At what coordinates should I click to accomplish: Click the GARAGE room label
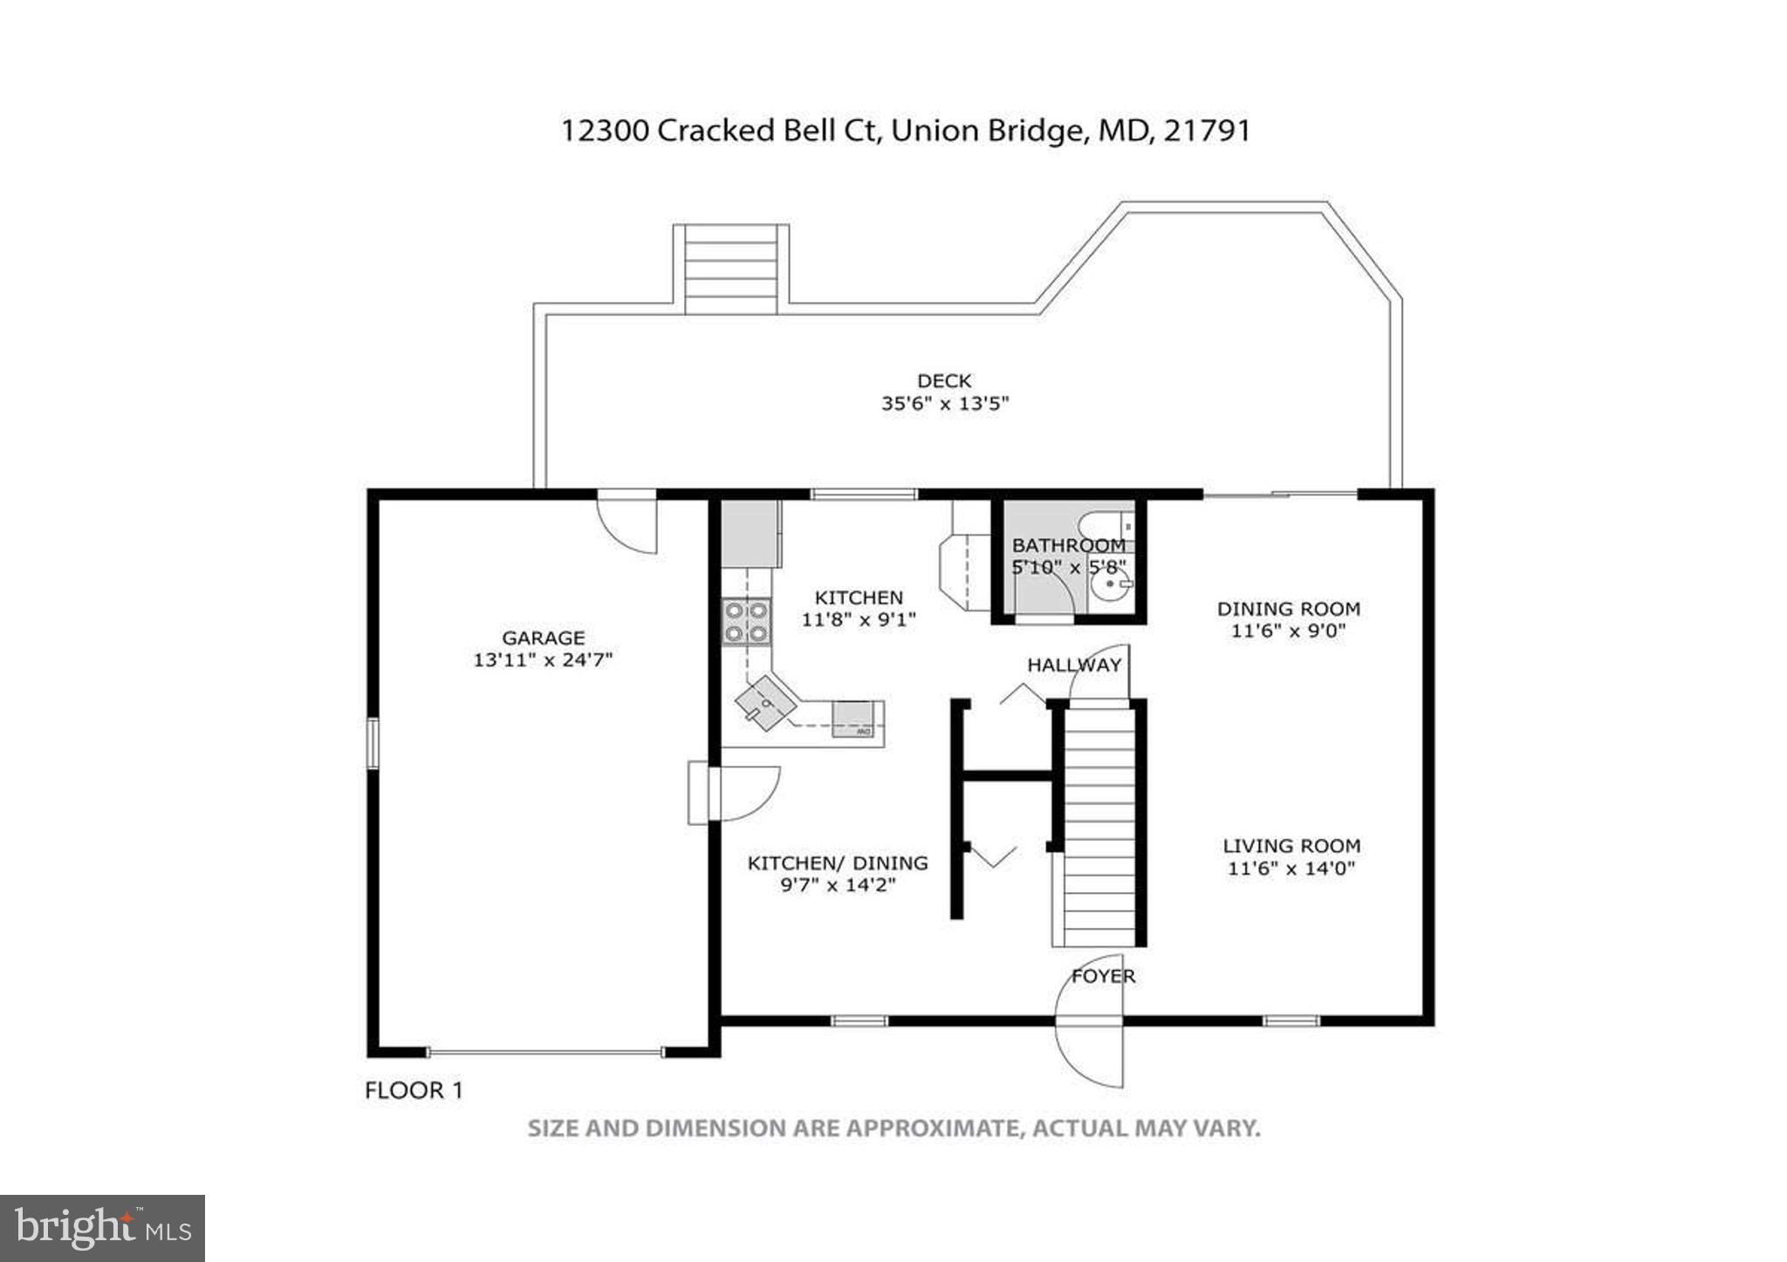(x=543, y=638)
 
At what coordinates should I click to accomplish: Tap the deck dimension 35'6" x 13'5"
(x=944, y=404)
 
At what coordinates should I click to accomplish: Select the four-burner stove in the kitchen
(x=747, y=622)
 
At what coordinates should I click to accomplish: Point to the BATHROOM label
(x=1068, y=546)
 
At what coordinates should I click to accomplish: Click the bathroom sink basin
(x=1111, y=585)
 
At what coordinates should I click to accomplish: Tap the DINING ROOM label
(x=1288, y=609)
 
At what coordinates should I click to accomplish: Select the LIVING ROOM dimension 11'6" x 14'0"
(x=1291, y=869)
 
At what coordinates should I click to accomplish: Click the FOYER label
(x=1103, y=976)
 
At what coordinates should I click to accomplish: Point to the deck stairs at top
(x=730, y=269)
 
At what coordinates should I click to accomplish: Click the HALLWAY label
(x=1073, y=665)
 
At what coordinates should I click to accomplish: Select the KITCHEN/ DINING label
(x=838, y=863)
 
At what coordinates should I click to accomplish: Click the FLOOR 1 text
(x=414, y=1090)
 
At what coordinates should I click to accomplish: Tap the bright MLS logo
(x=102, y=1228)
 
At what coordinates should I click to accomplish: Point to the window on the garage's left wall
(x=373, y=742)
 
